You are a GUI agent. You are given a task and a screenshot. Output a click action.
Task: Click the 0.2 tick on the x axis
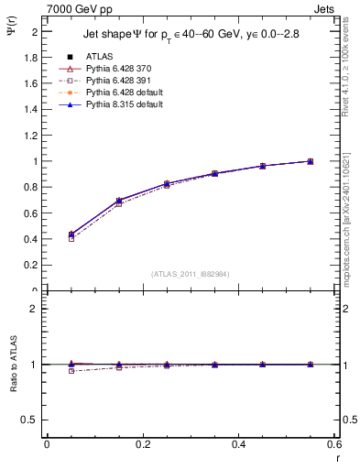142,444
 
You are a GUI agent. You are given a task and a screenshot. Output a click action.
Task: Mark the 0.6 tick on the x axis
334,444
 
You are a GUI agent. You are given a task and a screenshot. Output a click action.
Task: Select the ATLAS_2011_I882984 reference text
191,274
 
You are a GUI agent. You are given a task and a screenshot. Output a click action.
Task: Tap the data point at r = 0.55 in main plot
311,161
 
